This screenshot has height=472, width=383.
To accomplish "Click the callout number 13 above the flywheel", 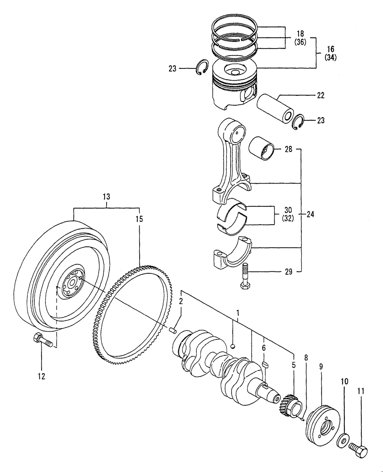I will pyautogui.click(x=106, y=197).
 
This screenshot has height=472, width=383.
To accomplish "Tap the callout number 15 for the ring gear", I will pyautogui.click(x=139, y=219).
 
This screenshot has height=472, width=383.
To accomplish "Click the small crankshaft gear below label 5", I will pyautogui.click(x=288, y=403).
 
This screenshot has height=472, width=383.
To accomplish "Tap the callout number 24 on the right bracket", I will pyautogui.click(x=310, y=214).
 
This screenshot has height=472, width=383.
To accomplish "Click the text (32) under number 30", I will pyautogui.click(x=287, y=219).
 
